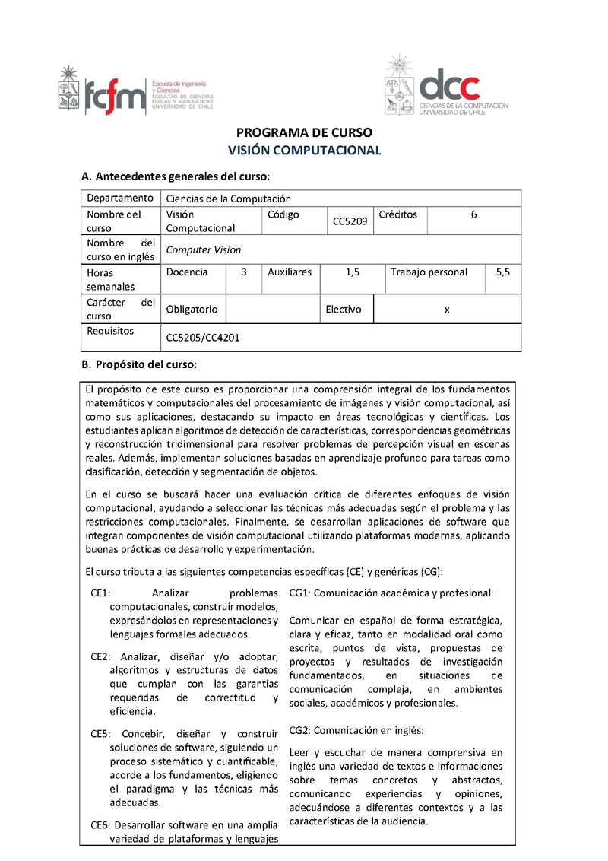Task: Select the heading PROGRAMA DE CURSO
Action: (303, 132)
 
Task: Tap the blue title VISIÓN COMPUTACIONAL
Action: (304, 150)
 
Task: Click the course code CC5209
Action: (350, 221)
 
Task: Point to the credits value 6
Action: (473, 214)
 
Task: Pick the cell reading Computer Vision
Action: (203, 249)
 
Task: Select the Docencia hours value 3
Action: (243, 272)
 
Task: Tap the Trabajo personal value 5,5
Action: (502, 272)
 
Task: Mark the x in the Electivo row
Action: (447, 309)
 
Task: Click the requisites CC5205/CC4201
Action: (202, 337)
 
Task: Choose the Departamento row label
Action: (120, 198)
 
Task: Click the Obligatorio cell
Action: (192, 309)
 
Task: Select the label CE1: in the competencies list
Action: (101, 593)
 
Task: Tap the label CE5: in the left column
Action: (101, 734)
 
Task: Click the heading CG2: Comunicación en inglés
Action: (356, 730)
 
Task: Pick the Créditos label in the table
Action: (397, 214)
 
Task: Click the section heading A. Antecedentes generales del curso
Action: (175, 177)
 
